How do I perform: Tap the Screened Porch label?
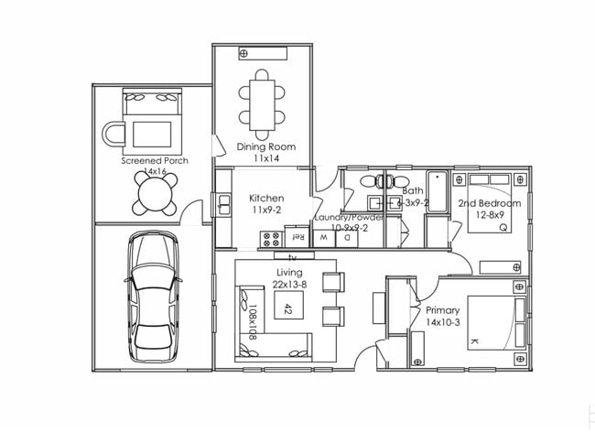[x=155, y=160]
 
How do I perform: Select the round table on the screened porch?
[x=156, y=192]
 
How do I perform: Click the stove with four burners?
[x=272, y=240]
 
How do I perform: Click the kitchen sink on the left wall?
[x=223, y=206]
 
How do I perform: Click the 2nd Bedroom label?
[x=490, y=203]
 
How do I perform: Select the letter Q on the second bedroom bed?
[x=503, y=228]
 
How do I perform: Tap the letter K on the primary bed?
[x=474, y=340]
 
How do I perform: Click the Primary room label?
[x=443, y=309]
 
